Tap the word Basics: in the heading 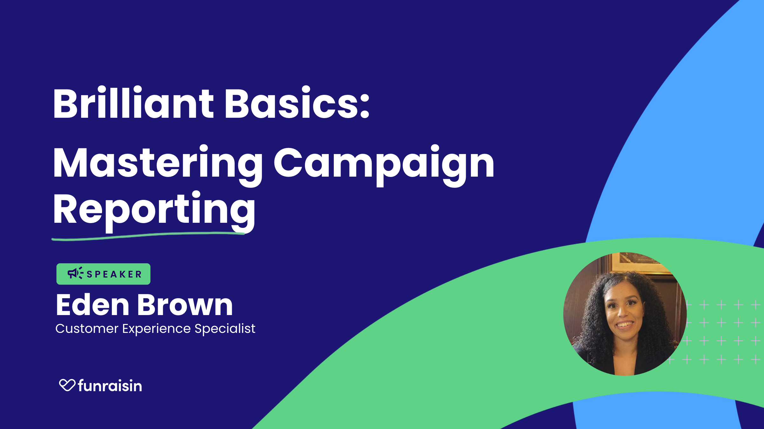pyautogui.click(x=297, y=102)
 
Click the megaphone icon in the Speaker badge pyautogui.click(x=75, y=273)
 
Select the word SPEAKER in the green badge pyautogui.click(x=114, y=274)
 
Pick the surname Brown pyautogui.click(x=185, y=305)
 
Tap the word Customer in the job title pyautogui.click(x=87, y=328)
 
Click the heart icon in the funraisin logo pyautogui.click(x=67, y=385)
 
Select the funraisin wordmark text pyautogui.click(x=110, y=385)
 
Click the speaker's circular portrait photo pyautogui.click(x=625, y=314)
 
